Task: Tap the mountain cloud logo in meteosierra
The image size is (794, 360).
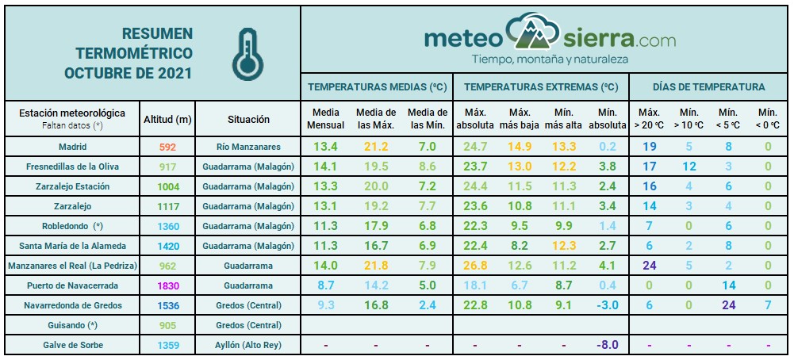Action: click(534, 33)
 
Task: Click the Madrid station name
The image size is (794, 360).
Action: click(72, 147)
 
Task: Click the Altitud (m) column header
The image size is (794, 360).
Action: click(168, 119)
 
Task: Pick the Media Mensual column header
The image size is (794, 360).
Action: click(325, 119)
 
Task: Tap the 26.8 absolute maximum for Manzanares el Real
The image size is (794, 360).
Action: click(475, 266)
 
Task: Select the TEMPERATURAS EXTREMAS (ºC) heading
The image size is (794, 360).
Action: click(541, 86)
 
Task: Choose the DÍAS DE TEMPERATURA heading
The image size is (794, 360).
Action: click(708, 86)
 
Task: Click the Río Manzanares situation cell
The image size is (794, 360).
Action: click(248, 147)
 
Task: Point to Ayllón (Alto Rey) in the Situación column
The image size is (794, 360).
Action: click(248, 345)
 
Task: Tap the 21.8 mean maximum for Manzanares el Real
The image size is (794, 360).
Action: click(376, 266)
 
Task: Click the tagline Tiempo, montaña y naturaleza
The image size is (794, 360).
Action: click(550, 59)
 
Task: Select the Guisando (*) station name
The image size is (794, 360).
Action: click(72, 325)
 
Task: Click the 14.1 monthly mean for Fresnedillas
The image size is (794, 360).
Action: click(325, 167)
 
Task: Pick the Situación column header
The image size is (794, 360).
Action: click(248, 119)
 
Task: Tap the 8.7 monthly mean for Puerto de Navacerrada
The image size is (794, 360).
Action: click(325, 285)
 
